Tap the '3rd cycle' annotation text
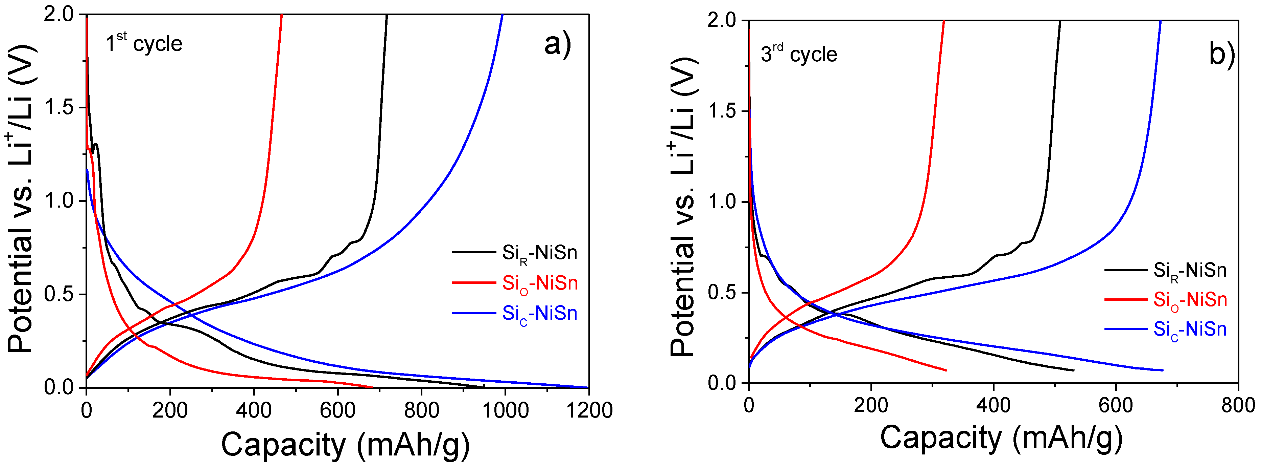[x=798, y=54]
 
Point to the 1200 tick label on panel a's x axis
[x=589, y=410]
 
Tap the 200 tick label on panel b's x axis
[x=871, y=405]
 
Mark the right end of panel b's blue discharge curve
[x=1162, y=370]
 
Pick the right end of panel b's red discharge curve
[x=946, y=370]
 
